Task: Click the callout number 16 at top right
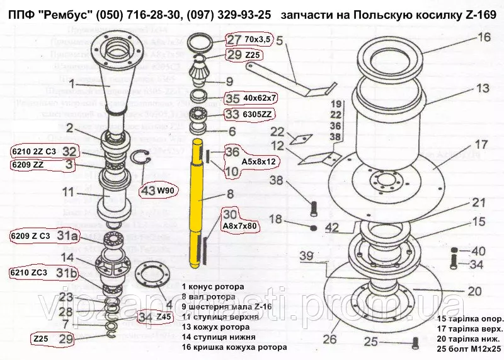483,37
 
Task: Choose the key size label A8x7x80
239,225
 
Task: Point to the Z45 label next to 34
164,316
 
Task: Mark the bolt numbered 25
415,343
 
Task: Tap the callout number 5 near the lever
279,43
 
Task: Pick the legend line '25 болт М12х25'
468,347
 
